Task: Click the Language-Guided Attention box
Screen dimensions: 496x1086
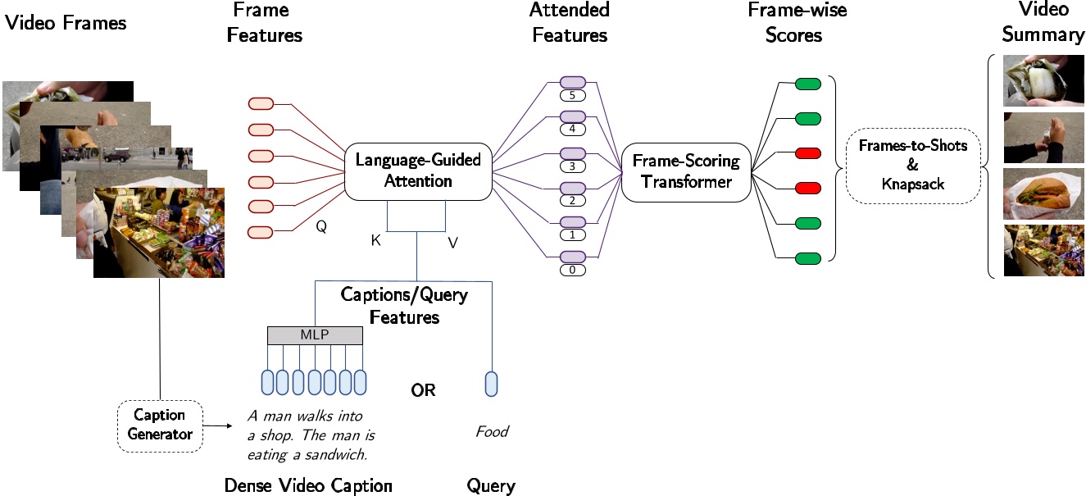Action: [x=418, y=171]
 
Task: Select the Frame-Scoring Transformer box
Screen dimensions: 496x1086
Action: [x=687, y=171]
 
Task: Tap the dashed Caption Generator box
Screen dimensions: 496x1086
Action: [x=160, y=424]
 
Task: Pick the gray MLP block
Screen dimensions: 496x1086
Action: [x=316, y=334]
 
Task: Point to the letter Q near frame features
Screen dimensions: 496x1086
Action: [x=321, y=229]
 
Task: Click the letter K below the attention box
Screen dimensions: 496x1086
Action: [x=375, y=240]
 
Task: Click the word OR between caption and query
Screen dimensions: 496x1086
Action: [x=423, y=390]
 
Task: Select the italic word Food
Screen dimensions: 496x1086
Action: [x=492, y=431]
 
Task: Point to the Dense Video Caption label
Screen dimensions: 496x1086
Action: [x=308, y=485]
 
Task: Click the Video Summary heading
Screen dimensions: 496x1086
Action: [x=1042, y=22]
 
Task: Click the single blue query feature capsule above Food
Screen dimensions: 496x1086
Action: [x=491, y=384]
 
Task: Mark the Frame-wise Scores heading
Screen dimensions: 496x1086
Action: [x=797, y=22]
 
